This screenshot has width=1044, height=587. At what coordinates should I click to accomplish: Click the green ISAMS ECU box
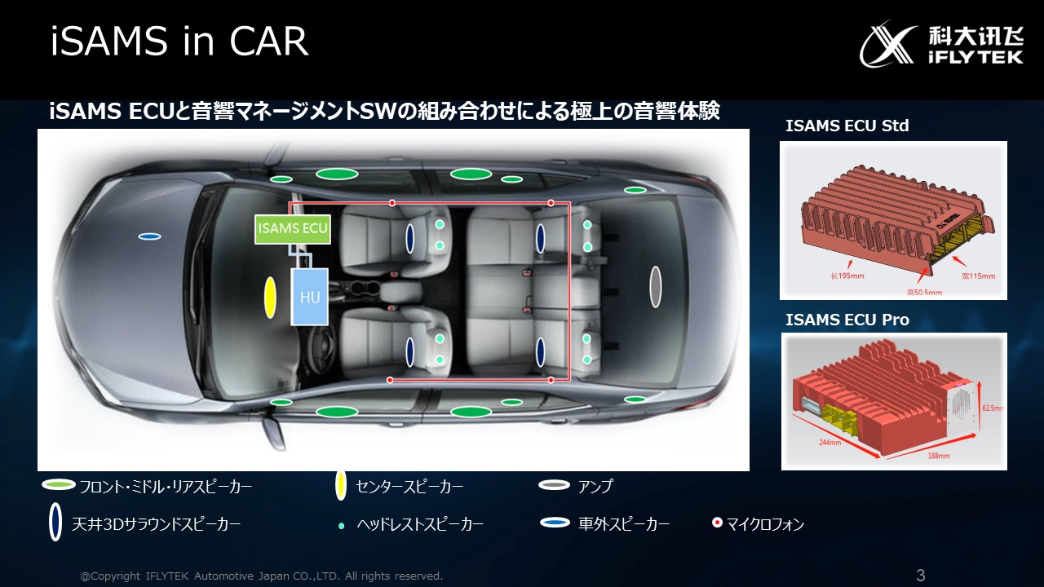tap(293, 229)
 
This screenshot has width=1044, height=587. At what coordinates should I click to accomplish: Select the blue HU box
tap(310, 298)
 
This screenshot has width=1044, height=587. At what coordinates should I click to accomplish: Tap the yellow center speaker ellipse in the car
tap(270, 298)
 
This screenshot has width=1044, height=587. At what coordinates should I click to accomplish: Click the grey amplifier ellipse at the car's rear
tap(655, 286)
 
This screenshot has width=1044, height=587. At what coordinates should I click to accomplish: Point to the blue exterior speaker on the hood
tap(149, 236)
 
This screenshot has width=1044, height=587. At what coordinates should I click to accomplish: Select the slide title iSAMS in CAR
tap(179, 42)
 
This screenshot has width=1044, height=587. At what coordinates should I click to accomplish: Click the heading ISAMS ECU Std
tap(847, 126)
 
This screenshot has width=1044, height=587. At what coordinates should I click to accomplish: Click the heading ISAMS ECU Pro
tap(847, 320)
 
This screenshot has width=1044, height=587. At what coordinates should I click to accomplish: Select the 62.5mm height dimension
tap(993, 407)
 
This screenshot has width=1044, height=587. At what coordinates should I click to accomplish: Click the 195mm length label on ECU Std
tap(847, 276)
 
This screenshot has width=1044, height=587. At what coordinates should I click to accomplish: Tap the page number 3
tap(921, 576)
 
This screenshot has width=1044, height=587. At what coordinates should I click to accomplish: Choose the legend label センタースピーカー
tap(409, 487)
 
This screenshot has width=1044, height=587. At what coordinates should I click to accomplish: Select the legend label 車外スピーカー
tap(624, 524)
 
